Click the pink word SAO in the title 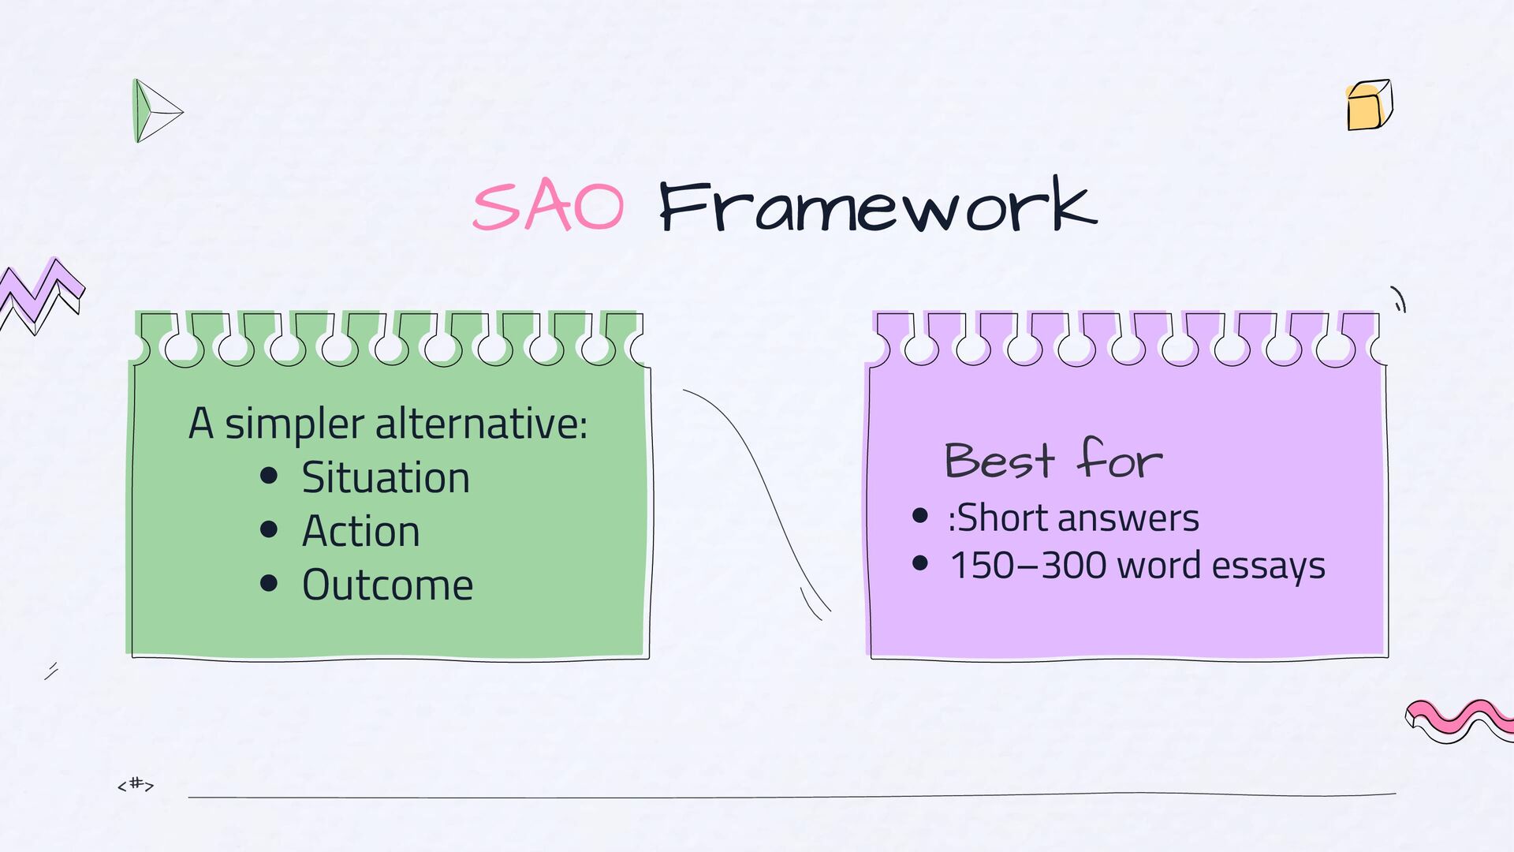pyautogui.click(x=549, y=207)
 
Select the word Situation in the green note pyautogui.click(x=386, y=478)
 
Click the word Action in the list pyautogui.click(x=360, y=531)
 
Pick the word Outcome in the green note pyautogui.click(x=387, y=585)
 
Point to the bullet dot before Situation pyautogui.click(x=269, y=475)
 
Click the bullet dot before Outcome pyautogui.click(x=269, y=582)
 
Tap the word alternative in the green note pyautogui.click(x=481, y=424)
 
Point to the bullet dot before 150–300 pyautogui.click(x=919, y=563)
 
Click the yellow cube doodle pyautogui.click(x=1370, y=105)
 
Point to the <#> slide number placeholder pyautogui.click(x=136, y=784)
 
